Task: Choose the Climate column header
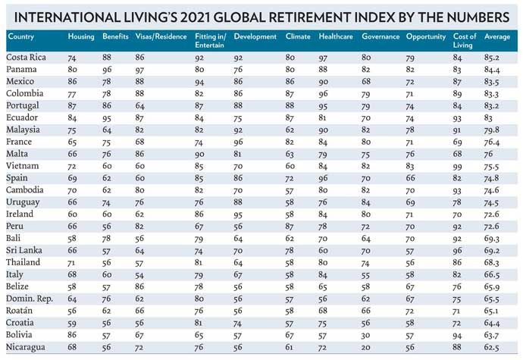[x=296, y=37]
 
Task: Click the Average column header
[x=496, y=37]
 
